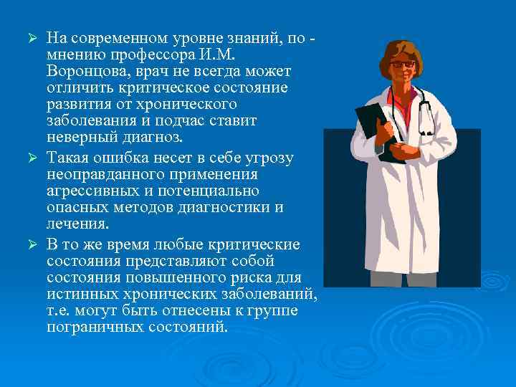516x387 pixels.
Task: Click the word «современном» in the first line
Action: [x=120, y=37]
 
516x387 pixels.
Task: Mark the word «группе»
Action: [x=281, y=311]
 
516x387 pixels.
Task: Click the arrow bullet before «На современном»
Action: [x=32, y=37]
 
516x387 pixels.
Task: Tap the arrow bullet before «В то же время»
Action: [x=32, y=245]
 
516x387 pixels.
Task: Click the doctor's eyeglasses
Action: [x=401, y=64]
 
